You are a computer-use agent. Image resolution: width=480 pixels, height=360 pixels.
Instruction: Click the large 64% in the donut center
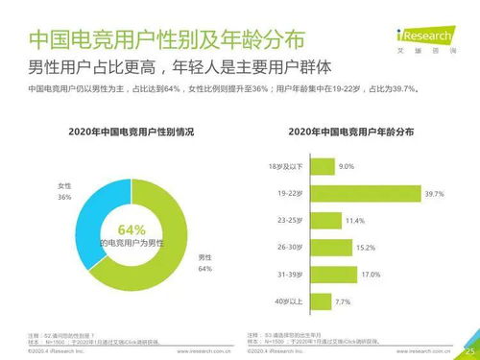[x=132, y=229]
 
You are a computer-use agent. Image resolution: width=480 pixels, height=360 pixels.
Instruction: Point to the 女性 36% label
[x=64, y=191]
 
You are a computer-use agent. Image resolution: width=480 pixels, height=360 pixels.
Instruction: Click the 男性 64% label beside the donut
[x=204, y=263]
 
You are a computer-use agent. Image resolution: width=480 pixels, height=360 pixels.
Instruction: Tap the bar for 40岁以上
[x=320, y=302]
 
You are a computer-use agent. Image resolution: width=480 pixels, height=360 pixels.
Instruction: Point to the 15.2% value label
[x=366, y=249]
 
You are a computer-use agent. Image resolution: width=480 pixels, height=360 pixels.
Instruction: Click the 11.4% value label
[x=355, y=222]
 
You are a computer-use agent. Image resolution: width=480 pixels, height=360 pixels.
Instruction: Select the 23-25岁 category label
[x=292, y=221]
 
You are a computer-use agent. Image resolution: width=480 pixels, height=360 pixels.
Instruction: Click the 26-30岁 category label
[x=292, y=249]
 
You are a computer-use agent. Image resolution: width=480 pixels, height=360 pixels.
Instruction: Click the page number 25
[x=468, y=350]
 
